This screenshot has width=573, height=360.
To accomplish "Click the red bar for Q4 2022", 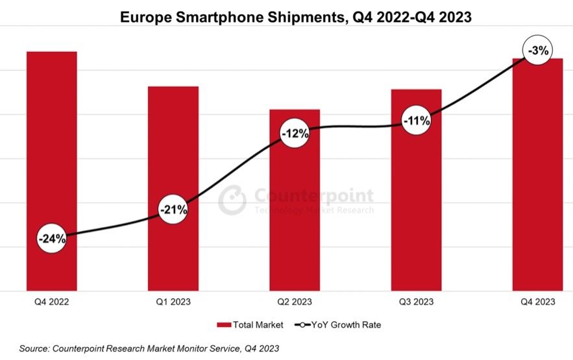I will tap(52, 149).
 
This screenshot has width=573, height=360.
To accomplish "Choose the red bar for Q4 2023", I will tap(537, 182).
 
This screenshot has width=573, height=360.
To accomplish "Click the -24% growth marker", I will tap(52, 238).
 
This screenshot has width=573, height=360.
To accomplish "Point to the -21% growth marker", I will tap(173, 210).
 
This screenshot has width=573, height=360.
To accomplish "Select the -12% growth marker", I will tap(295, 134).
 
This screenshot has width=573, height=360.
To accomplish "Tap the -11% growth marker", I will tap(416, 120).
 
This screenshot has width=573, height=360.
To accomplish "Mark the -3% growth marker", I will tap(537, 50).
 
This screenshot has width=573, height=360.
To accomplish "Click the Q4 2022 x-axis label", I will tap(52, 302).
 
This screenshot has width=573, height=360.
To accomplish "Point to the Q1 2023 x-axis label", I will tap(173, 302).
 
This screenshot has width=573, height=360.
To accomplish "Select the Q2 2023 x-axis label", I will tap(295, 302).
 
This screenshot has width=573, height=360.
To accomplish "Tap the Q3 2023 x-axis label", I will tap(416, 302).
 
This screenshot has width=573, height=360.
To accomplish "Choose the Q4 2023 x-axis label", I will tap(537, 302).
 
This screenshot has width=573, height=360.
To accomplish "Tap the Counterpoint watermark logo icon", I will tap(232, 200).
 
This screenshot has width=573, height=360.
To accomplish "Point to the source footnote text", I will tap(149, 349).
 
